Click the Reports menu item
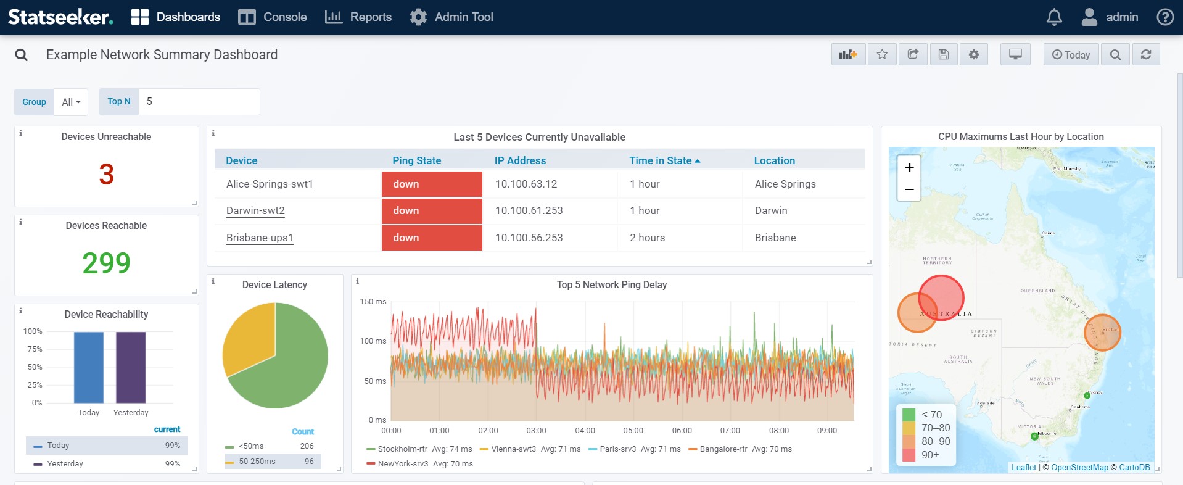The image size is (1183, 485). tap(358, 17)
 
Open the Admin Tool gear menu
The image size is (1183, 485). tap(451, 17)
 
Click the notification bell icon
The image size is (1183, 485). tap(1054, 17)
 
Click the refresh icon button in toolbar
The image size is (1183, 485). tap(1145, 54)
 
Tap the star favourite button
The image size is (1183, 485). tap(882, 54)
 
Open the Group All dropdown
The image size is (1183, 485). tap(71, 102)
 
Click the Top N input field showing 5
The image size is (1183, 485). tap(199, 102)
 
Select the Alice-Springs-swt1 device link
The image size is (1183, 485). tap(270, 184)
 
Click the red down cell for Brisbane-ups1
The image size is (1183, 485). tap(432, 238)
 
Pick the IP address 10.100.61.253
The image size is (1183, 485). tap(529, 210)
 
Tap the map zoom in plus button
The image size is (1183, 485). tap(909, 167)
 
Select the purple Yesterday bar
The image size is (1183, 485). tap(131, 367)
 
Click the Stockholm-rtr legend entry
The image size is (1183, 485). tap(402, 449)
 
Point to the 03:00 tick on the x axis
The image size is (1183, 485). tap(536, 430)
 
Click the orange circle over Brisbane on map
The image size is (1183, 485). tap(1102, 333)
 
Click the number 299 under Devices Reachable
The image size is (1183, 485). tap(106, 263)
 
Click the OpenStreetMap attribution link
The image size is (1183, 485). tap(1079, 467)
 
